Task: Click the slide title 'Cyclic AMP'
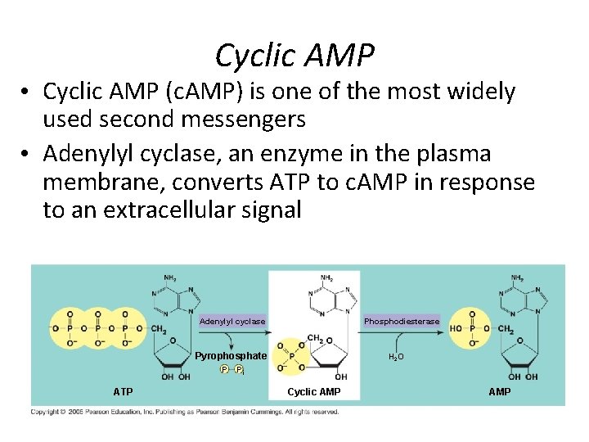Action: click(294, 55)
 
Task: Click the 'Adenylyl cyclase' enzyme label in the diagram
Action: click(232, 321)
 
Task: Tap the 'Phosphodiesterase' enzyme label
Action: click(402, 321)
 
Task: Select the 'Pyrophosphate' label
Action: click(231, 356)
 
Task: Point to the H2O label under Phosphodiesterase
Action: click(395, 357)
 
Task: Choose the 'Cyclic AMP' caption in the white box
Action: click(314, 392)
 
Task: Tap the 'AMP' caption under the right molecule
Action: click(499, 392)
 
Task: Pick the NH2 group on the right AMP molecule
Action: click(516, 278)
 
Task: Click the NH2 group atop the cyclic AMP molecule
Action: click(326, 278)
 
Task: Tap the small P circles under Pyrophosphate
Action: click(232, 370)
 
